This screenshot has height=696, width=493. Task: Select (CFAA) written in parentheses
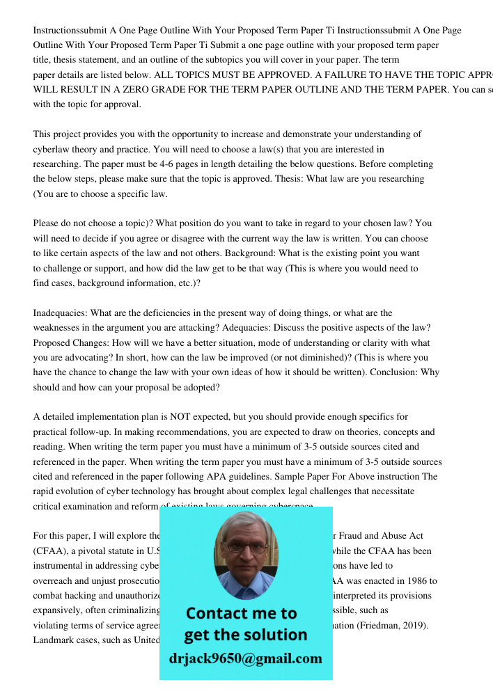coord(51,551)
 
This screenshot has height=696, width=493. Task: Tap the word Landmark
coord(55,640)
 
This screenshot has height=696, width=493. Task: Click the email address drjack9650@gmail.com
coord(246,658)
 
